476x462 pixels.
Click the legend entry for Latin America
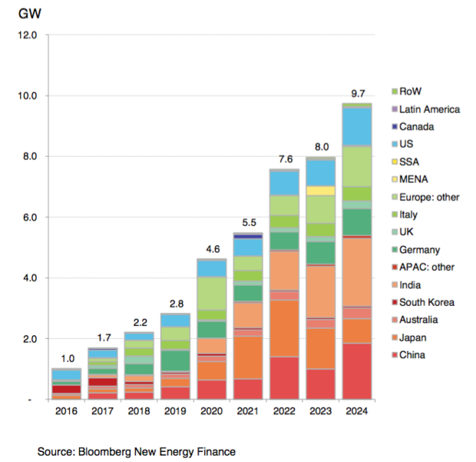(x=428, y=109)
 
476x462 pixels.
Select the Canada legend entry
(x=417, y=127)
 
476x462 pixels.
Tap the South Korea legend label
(x=425, y=302)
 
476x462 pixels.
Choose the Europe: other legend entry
(x=428, y=197)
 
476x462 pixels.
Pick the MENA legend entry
(x=415, y=179)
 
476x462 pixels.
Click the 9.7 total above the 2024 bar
(x=357, y=94)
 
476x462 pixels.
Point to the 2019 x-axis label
(x=175, y=412)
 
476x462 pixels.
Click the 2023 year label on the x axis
(x=320, y=412)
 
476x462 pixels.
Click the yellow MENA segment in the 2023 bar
(x=320, y=190)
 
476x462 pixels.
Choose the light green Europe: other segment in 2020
(x=212, y=293)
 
